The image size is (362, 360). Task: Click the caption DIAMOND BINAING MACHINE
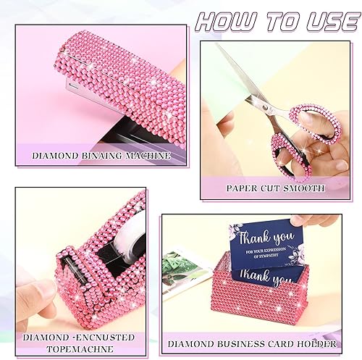tap(101, 155)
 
